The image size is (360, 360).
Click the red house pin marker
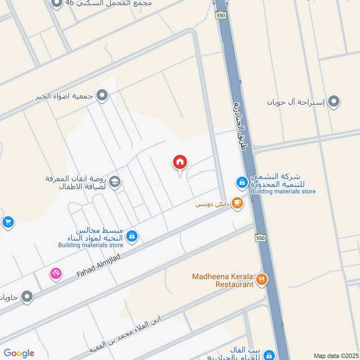click(x=180, y=162)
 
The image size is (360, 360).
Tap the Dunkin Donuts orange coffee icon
click(x=237, y=203)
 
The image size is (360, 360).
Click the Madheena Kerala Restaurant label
click(x=222, y=280)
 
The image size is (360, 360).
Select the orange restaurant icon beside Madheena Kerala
click(x=261, y=280)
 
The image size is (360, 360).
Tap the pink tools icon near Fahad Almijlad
click(x=55, y=273)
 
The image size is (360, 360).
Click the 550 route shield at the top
click(x=220, y=15)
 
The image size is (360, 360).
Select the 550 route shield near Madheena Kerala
click(x=260, y=238)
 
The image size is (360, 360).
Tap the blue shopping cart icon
click(x=7, y=222)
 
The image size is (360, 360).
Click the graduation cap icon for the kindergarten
click(x=115, y=181)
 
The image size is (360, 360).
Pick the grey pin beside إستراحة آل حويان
click(x=333, y=102)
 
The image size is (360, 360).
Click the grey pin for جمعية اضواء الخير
click(x=103, y=95)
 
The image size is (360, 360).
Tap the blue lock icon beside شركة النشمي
click(x=242, y=182)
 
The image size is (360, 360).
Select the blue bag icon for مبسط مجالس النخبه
click(x=131, y=236)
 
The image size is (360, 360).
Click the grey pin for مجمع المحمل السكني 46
click(x=57, y=4)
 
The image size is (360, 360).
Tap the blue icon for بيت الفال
click(x=269, y=355)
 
